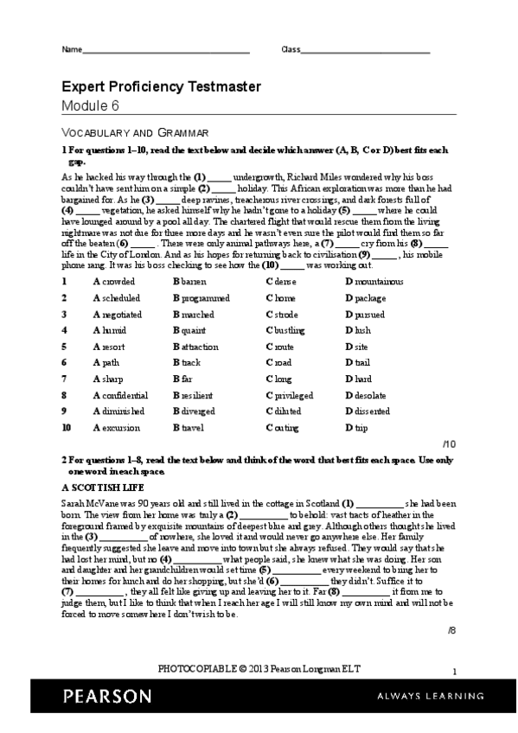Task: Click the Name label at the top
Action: (70, 49)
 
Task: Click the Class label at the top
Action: (291, 49)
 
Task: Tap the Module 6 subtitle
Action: (90, 105)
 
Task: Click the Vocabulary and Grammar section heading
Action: (134, 132)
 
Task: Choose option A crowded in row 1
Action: (113, 282)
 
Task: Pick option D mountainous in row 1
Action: (374, 282)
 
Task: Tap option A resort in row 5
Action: (108, 346)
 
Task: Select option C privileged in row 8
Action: (291, 394)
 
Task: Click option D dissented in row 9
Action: (367, 411)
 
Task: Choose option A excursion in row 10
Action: (114, 427)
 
